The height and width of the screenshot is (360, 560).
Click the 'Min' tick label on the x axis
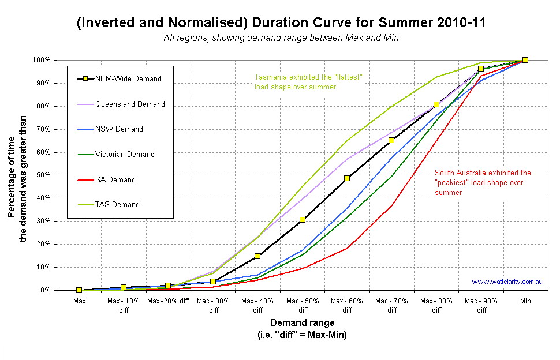click(x=525, y=301)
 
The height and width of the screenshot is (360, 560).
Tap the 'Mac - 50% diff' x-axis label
click(x=303, y=305)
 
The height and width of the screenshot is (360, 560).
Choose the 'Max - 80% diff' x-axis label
click(x=436, y=305)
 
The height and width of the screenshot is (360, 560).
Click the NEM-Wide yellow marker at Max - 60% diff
click(x=347, y=178)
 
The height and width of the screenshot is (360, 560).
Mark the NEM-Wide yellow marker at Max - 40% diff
click(x=257, y=256)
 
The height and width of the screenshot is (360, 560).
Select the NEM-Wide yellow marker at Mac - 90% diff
click(x=480, y=69)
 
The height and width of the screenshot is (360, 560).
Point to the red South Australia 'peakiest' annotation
click(x=483, y=182)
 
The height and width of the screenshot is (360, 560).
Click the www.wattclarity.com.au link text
click(x=506, y=282)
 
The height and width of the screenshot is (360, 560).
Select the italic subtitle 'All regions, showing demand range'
click(x=281, y=37)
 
